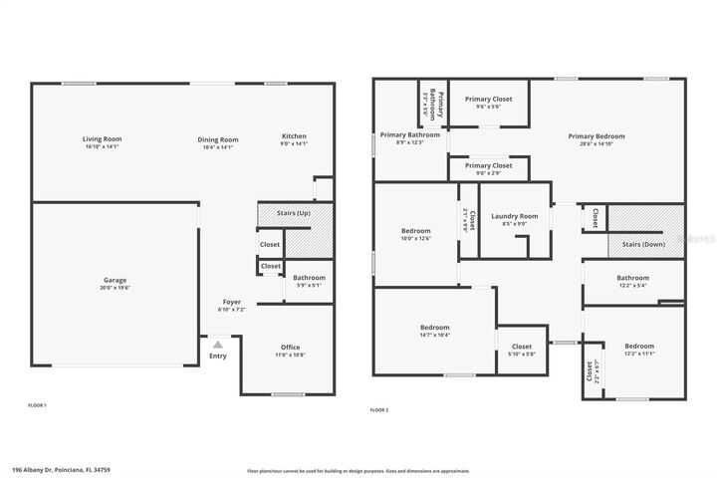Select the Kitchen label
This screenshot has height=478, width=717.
[x=294, y=136]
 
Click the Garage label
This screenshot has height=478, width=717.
[x=116, y=280]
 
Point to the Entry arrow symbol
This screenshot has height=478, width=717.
[x=217, y=344]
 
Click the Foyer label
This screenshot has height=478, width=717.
[x=231, y=301]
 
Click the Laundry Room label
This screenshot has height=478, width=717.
[x=515, y=216]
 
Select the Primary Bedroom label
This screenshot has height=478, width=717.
[x=597, y=136]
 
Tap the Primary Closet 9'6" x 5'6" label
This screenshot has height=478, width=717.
[x=488, y=100]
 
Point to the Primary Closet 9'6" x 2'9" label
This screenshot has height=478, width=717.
[x=488, y=165]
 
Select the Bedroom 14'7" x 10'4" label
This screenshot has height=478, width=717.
[x=434, y=328]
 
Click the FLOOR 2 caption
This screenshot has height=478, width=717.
[x=378, y=409]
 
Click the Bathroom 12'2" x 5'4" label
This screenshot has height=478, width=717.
[x=632, y=278]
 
